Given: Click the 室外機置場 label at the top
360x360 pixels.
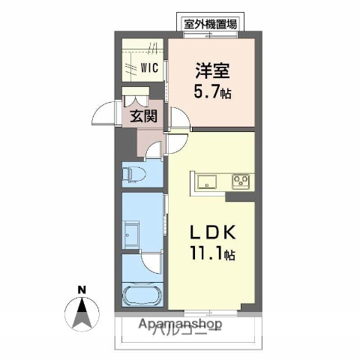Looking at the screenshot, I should (x=210, y=23).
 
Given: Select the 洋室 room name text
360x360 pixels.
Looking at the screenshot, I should (x=212, y=72).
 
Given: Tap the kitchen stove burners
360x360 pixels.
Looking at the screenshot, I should (x=241, y=181).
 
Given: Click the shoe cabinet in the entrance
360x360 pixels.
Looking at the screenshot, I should (x=138, y=98).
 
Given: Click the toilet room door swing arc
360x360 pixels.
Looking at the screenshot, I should (x=154, y=150).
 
